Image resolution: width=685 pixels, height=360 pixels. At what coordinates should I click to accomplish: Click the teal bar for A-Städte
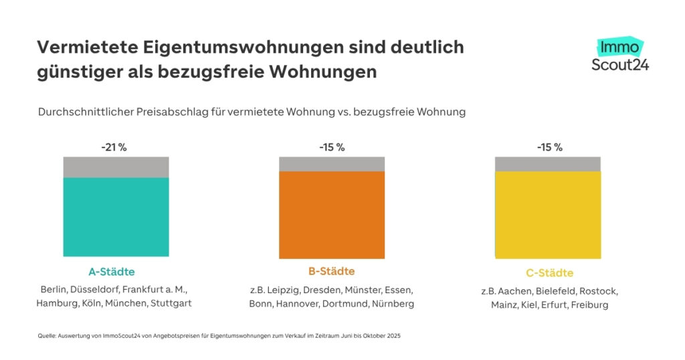click(116, 216)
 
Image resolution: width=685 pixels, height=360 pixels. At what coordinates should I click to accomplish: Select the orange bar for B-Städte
click(332, 215)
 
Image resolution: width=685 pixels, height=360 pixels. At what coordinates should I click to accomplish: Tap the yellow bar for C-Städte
click(547, 214)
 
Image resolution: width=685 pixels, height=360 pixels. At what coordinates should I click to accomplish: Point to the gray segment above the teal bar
click(116, 167)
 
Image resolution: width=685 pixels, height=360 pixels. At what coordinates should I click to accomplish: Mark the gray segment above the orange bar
click(332, 164)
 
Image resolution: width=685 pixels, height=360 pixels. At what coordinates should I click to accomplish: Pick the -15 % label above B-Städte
click(331, 147)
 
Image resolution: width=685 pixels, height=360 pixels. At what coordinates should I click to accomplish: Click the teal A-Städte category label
click(112, 272)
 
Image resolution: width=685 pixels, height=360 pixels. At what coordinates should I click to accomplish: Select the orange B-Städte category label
click(332, 272)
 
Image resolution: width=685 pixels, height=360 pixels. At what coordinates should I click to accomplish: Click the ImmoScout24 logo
click(620, 55)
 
